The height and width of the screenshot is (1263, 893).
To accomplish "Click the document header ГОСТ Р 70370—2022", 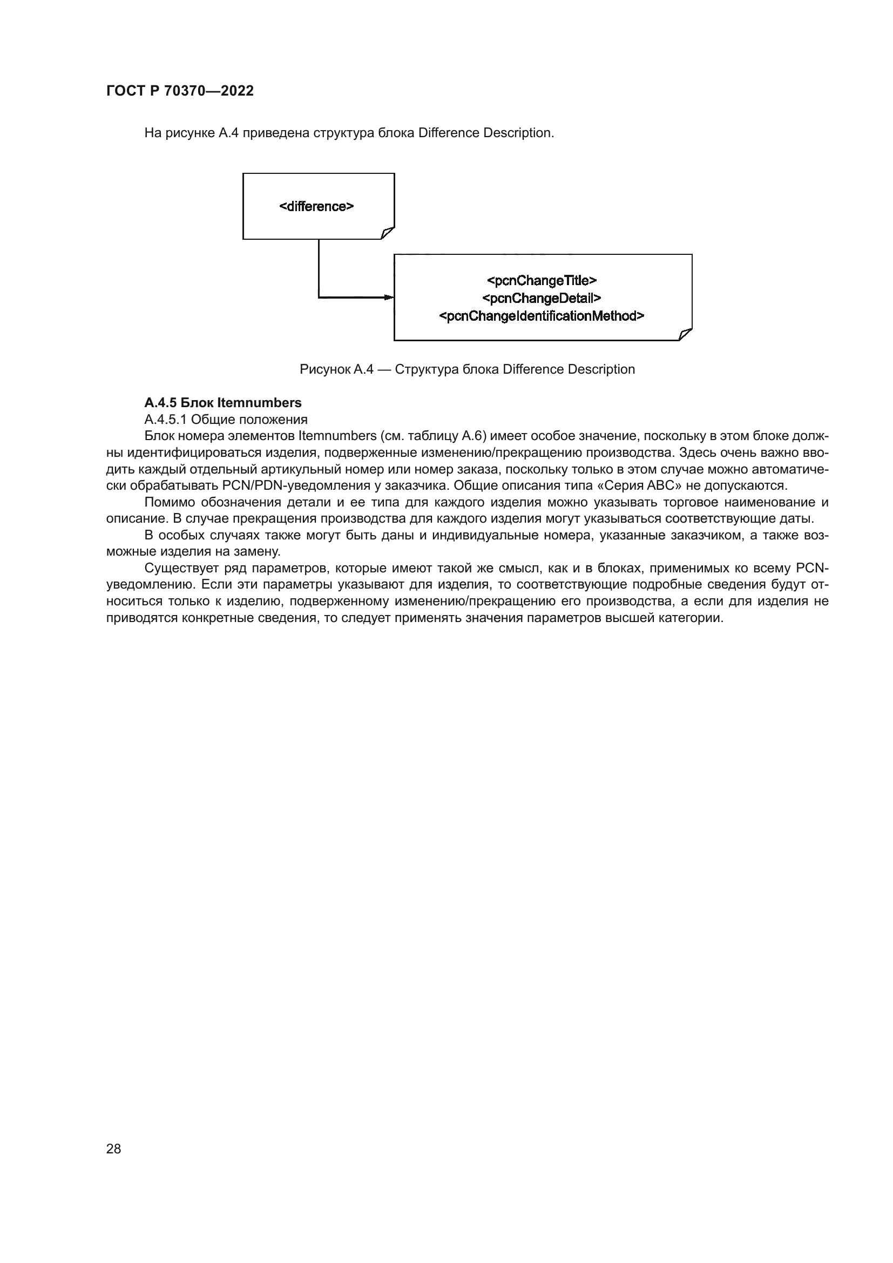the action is coord(180,91).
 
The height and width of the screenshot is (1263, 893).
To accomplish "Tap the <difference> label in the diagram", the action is coord(317,206).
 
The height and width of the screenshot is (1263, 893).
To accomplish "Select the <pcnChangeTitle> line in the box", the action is coord(542,281).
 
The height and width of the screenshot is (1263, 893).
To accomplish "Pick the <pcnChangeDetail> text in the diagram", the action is coord(542,298).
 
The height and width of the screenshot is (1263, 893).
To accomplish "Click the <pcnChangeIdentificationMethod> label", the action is coord(542,316).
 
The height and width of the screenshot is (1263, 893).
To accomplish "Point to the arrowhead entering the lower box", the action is coord(389,298).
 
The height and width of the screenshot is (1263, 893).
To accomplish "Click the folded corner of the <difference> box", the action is coord(388,233).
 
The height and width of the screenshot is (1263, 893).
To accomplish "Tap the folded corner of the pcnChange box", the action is coord(686,334).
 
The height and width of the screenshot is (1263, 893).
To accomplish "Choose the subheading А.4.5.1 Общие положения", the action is coord(226,420).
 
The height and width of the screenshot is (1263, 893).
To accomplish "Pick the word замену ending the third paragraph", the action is coord(260,552).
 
